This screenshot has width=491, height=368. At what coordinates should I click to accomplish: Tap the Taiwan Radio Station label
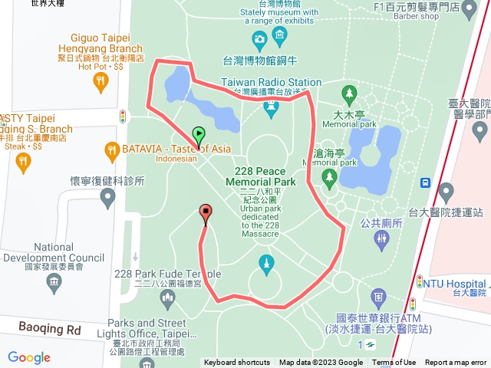tap(272, 82)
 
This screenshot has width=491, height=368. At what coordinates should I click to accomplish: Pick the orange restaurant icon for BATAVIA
tap(110, 149)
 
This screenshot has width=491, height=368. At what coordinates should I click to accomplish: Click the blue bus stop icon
tap(424, 183)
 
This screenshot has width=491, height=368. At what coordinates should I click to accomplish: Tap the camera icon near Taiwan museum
tap(259, 38)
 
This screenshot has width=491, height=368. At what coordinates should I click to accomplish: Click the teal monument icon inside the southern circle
tap(267, 262)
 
